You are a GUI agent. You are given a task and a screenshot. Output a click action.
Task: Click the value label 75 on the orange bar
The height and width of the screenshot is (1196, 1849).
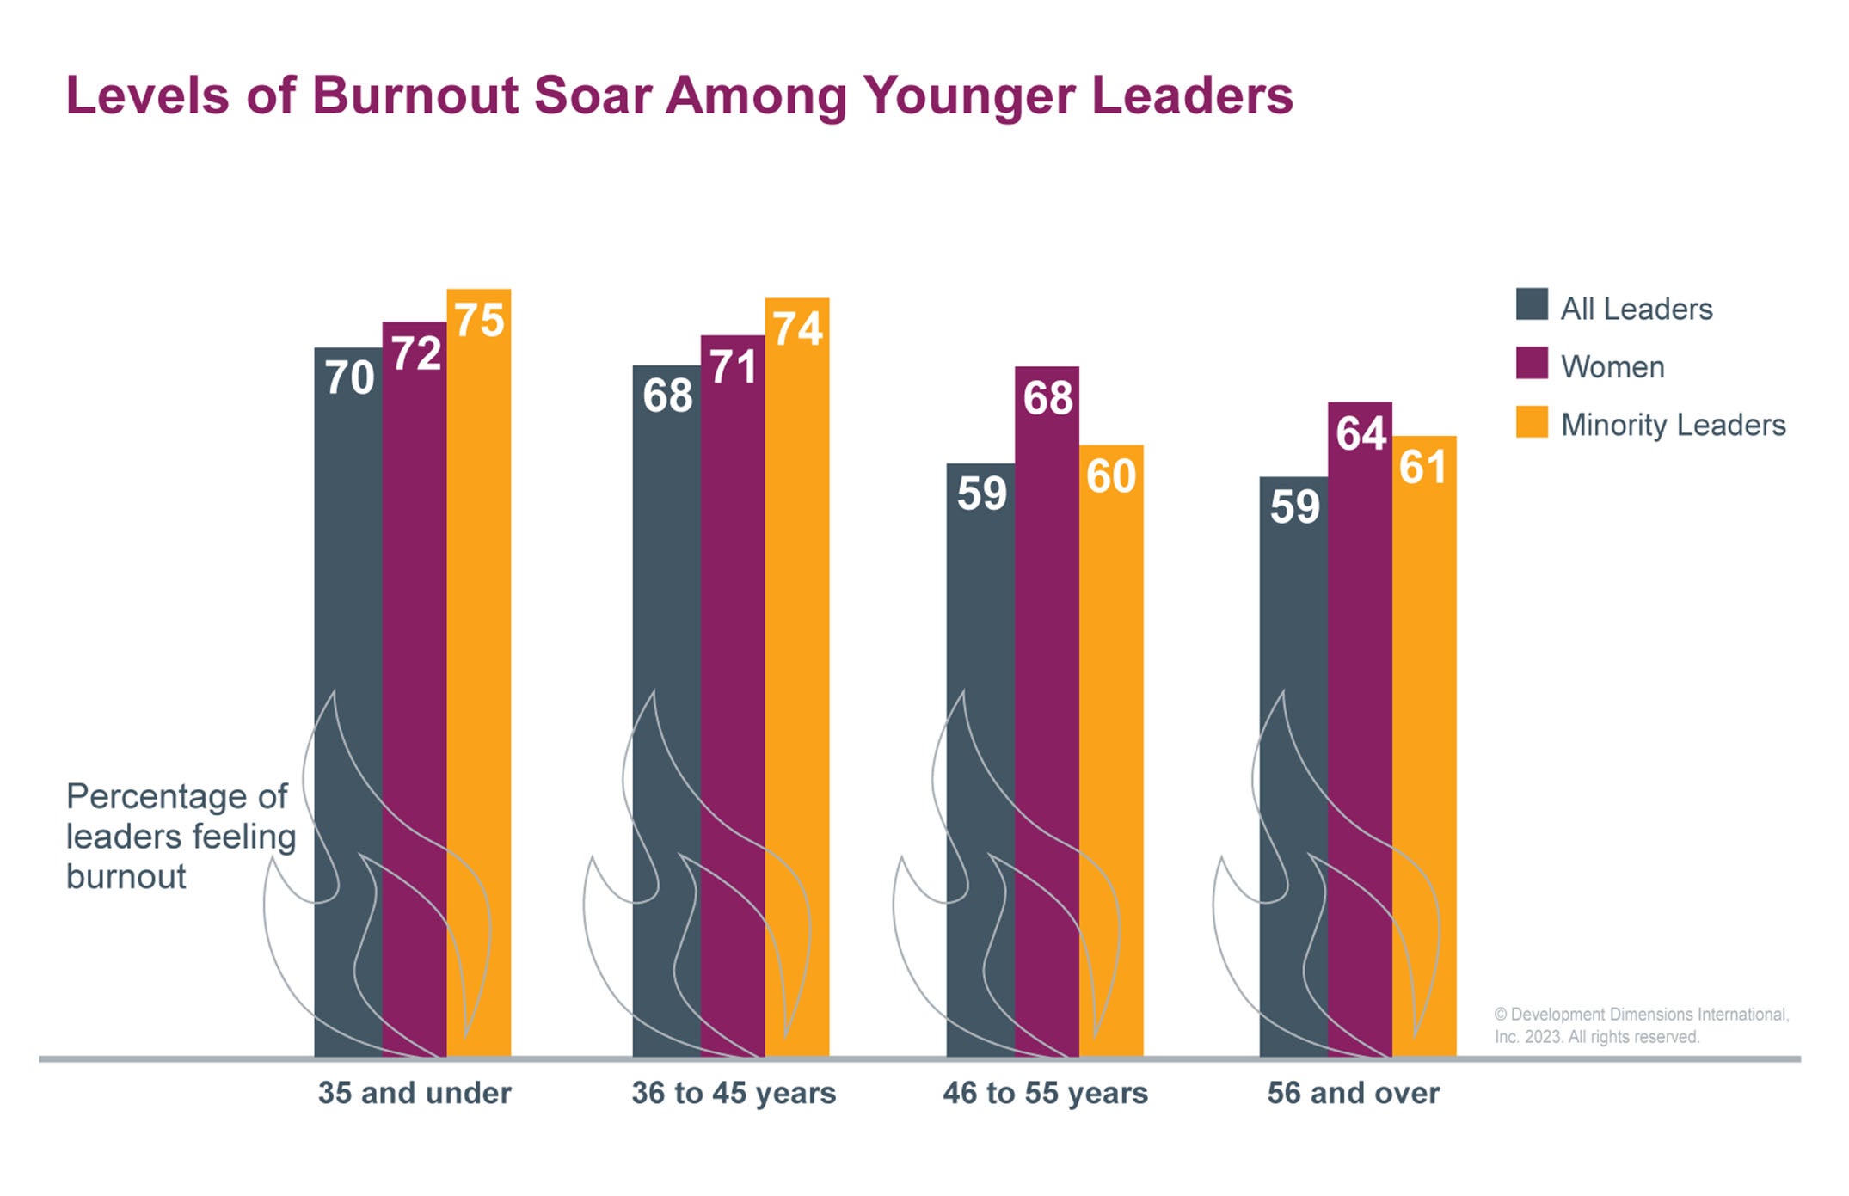point(479,321)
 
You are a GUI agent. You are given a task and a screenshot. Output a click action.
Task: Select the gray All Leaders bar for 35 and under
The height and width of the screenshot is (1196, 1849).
point(347,705)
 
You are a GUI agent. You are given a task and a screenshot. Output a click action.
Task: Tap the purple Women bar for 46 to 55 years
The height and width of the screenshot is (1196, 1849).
point(1047,714)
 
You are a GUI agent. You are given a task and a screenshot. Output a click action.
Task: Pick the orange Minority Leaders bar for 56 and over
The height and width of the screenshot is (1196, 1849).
point(1424,748)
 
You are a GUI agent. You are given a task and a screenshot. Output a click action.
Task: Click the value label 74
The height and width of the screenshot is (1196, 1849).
point(797,329)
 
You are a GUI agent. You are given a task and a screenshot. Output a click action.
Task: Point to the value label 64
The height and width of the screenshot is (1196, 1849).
point(1361,433)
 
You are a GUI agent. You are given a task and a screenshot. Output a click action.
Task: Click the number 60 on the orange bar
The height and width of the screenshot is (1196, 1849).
point(1111,476)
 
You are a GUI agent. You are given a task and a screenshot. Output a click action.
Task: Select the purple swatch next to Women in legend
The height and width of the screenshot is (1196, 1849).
point(1532,363)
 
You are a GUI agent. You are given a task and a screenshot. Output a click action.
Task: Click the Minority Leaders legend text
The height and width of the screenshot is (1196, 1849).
point(1673,425)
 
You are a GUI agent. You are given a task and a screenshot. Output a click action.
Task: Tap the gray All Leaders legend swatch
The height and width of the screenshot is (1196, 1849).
point(1532,304)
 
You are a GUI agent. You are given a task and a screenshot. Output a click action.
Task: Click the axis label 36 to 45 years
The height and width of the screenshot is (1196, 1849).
point(734,1093)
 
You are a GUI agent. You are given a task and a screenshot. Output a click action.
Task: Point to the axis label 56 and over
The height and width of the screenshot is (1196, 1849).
point(1353,1093)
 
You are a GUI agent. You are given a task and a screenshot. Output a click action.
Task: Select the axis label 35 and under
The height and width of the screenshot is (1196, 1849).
point(415,1093)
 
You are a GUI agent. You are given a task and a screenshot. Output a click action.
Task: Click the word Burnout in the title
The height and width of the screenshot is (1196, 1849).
point(415,95)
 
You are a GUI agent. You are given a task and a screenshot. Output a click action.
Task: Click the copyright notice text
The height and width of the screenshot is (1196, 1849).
point(1641,1026)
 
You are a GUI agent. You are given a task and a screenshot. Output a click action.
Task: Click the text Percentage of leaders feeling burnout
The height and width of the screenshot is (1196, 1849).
point(181,836)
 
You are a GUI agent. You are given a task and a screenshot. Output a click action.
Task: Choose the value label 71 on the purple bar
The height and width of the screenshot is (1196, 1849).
point(733,367)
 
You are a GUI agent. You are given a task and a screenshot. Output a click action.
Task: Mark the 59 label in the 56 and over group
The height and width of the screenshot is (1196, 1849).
point(1294,506)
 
